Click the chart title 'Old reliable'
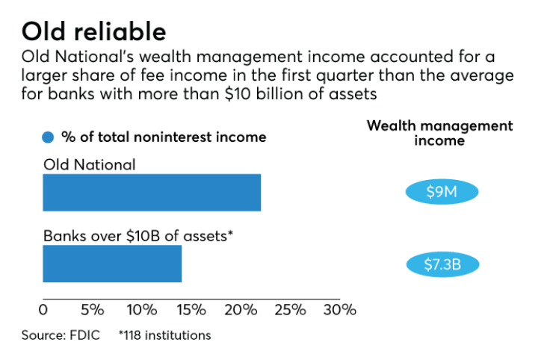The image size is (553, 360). coord(94,32)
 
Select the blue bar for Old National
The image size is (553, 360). coord(152,193)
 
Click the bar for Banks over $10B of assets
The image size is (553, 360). coord(112,264)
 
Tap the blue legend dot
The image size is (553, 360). coord(49,137)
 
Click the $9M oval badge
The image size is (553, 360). coord(441,193)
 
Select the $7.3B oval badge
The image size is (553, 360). coord(441,264)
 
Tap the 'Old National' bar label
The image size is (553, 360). coord(89,165)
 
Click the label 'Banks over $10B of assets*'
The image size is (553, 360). coord(138,236)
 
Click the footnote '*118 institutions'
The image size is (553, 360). coord(164,335)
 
